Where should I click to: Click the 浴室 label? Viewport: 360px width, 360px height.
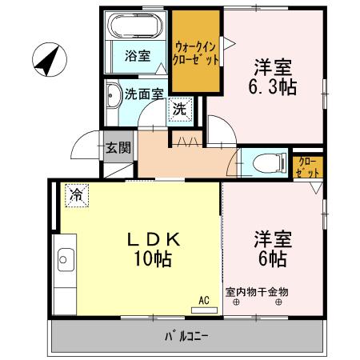click(x=137, y=55)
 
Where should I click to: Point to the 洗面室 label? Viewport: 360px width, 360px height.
click(x=144, y=93)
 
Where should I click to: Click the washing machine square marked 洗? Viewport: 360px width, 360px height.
click(x=181, y=110)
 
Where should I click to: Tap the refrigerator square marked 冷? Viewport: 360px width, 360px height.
click(x=77, y=194)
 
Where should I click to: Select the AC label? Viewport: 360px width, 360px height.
click(x=204, y=300)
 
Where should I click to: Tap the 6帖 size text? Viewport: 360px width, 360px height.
click(x=272, y=258)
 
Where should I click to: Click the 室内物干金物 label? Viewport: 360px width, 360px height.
click(x=256, y=292)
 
